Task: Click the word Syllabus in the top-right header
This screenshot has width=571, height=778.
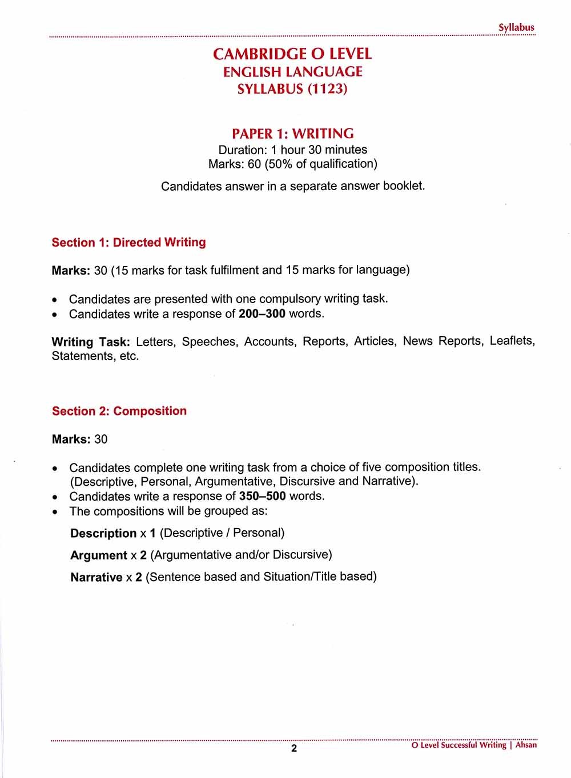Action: point(516,27)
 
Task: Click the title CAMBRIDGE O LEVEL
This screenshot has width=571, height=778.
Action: point(292,54)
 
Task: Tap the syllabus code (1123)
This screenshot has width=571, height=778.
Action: point(327,89)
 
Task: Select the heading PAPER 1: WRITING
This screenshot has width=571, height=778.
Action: point(292,134)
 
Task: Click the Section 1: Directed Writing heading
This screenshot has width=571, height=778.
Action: point(128,242)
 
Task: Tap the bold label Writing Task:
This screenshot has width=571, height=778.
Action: point(91,342)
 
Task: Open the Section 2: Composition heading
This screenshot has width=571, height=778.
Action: point(119,411)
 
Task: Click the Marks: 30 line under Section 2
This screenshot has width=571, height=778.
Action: point(79,439)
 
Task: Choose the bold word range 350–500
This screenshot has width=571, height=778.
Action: point(262,495)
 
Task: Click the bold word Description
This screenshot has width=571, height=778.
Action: point(103,533)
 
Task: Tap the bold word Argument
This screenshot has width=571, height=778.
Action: point(98,555)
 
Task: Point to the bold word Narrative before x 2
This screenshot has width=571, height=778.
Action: point(96,577)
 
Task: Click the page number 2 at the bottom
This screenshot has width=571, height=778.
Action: point(294,748)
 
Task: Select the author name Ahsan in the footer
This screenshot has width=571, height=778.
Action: point(526,745)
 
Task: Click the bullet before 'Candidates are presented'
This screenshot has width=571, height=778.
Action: point(54,300)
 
